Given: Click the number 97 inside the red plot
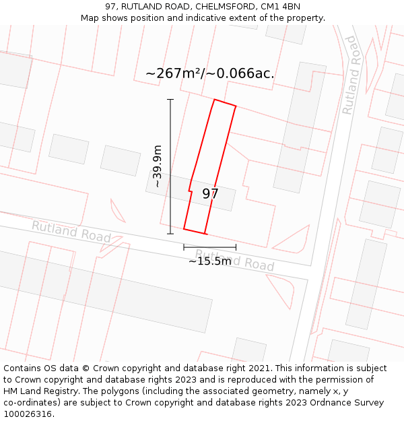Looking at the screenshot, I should [x=210, y=194].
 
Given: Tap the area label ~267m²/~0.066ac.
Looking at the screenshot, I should [x=209, y=73].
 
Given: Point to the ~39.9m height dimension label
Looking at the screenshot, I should [x=158, y=166].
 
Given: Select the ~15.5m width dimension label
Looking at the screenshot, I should [x=209, y=261].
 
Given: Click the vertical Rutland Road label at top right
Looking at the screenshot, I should [x=349, y=75].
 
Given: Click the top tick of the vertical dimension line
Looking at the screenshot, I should [x=170, y=100].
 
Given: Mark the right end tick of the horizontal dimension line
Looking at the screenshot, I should [x=236, y=247].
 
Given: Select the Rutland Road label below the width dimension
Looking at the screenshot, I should [x=236, y=260].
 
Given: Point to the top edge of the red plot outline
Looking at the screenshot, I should [x=225, y=103].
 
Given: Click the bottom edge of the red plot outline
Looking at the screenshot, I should [x=194, y=231].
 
